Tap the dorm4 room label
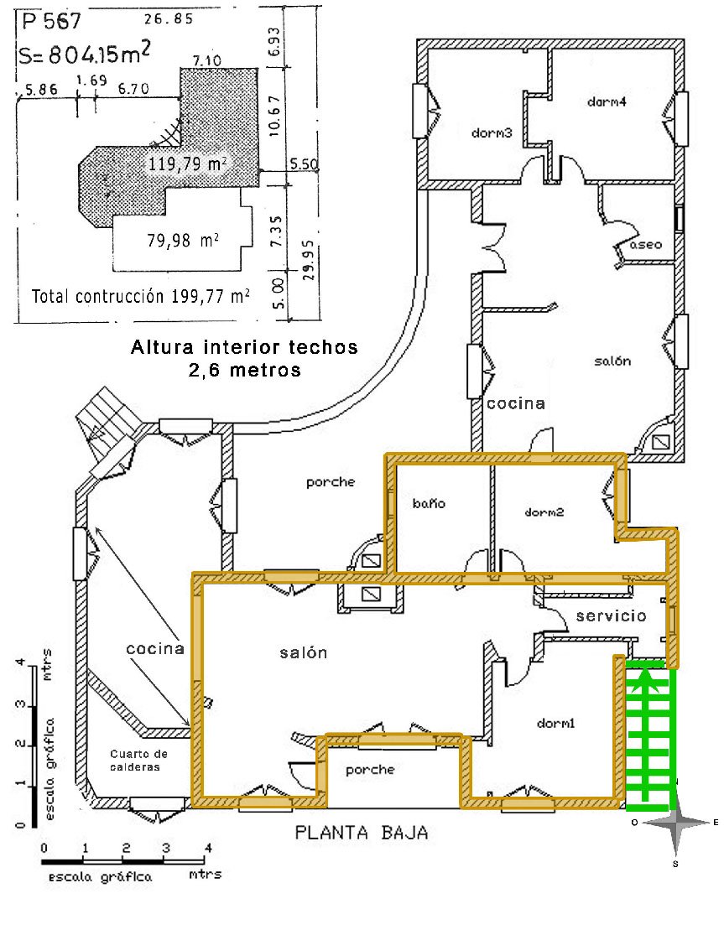607,102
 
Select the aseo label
647,246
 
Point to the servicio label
611,616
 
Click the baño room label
429,504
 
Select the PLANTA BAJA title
361,833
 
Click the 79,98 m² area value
184,242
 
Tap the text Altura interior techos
244,345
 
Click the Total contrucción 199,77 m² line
140,295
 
